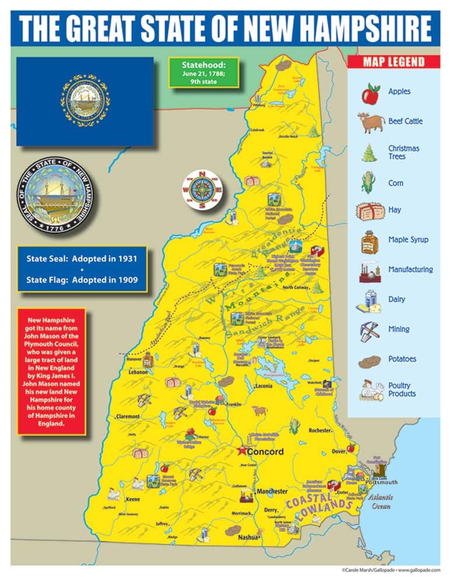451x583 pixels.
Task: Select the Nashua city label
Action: (x=248, y=539)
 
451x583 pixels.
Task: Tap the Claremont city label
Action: (x=128, y=417)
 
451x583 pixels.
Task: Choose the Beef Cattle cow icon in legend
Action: (x=370, y=121)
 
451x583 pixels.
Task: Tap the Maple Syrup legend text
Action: (x=408, y=239)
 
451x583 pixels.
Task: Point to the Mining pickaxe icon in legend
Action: (x=370, y=329)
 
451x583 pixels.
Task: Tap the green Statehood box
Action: (x=204, y=72)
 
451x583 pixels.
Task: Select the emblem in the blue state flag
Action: (x=85, y=101)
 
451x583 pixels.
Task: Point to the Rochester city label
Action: (x=320, y=430)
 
